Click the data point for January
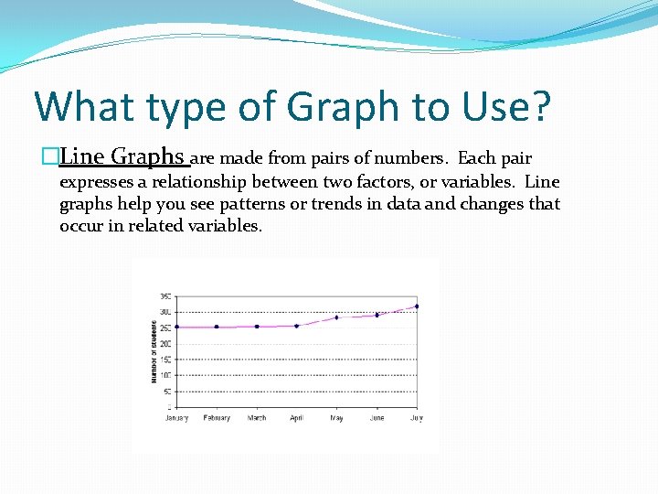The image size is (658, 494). point(176,327)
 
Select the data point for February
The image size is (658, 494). point(217,327)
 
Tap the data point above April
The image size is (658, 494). point(296,326)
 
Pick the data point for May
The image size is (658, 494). point(336,317)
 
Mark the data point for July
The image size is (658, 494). point(417,306)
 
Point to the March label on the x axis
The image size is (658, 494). point(257,418)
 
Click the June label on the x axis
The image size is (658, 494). point(377,418)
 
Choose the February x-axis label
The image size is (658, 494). point(217,418)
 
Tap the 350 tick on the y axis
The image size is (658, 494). point(165,295)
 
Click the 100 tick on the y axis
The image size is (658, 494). point(165,375)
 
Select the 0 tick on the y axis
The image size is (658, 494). point(168,407)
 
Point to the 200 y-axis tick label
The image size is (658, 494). point(165,343)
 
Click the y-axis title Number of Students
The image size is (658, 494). point(154,350)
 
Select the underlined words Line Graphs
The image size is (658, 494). point(122,157)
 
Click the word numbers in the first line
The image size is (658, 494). point(414,158)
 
